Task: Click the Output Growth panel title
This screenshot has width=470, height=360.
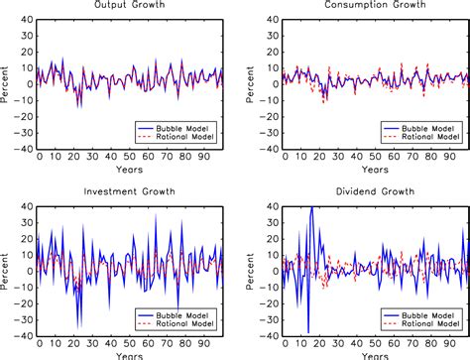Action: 130,6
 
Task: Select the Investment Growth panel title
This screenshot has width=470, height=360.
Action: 130,188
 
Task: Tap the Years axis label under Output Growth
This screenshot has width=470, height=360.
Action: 130,170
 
